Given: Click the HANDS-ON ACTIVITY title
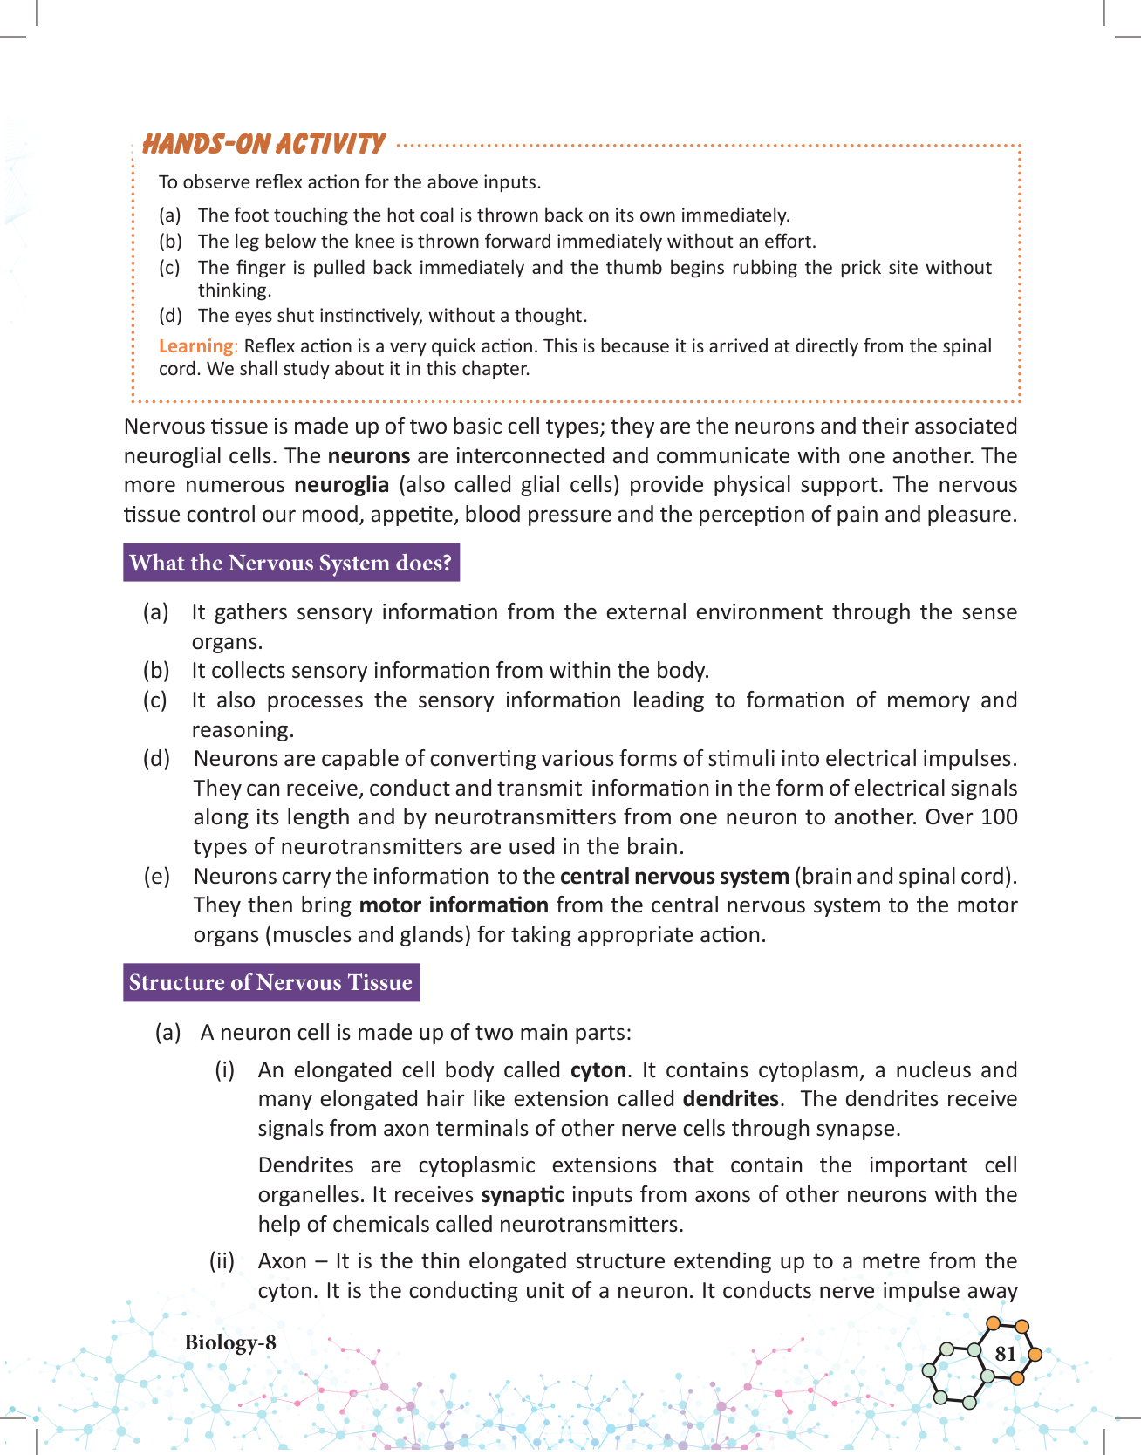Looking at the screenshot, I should tap(263, 144).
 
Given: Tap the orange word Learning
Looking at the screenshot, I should tap(195, 346).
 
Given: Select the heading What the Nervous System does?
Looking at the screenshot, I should tap(290, 563).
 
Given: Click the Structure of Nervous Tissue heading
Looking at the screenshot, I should tap(270, 982).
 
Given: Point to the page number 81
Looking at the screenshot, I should tap(1005, 1353).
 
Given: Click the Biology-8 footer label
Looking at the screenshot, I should tap(229, 1342).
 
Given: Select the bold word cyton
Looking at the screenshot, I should tap(598, 1070).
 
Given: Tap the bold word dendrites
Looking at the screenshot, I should tap(730, 1099).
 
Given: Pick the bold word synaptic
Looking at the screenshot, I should tap(523, 1195).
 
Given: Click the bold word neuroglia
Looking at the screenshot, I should tap(341, 485).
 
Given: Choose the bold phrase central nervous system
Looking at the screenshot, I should tap(674, 876).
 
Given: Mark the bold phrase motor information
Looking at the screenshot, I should tap(454, 905).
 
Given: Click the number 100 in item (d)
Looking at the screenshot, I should tap(999, 817).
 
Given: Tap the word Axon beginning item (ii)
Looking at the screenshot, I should tap(282, 1261).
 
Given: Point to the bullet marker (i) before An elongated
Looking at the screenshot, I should tap(225, 1070).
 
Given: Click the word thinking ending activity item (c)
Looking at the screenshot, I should tap(234, 290).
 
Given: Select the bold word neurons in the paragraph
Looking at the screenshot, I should tap(369, 456).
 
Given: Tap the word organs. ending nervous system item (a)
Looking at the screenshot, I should tap(227, 642).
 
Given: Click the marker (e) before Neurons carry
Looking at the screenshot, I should tap(156, 876).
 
